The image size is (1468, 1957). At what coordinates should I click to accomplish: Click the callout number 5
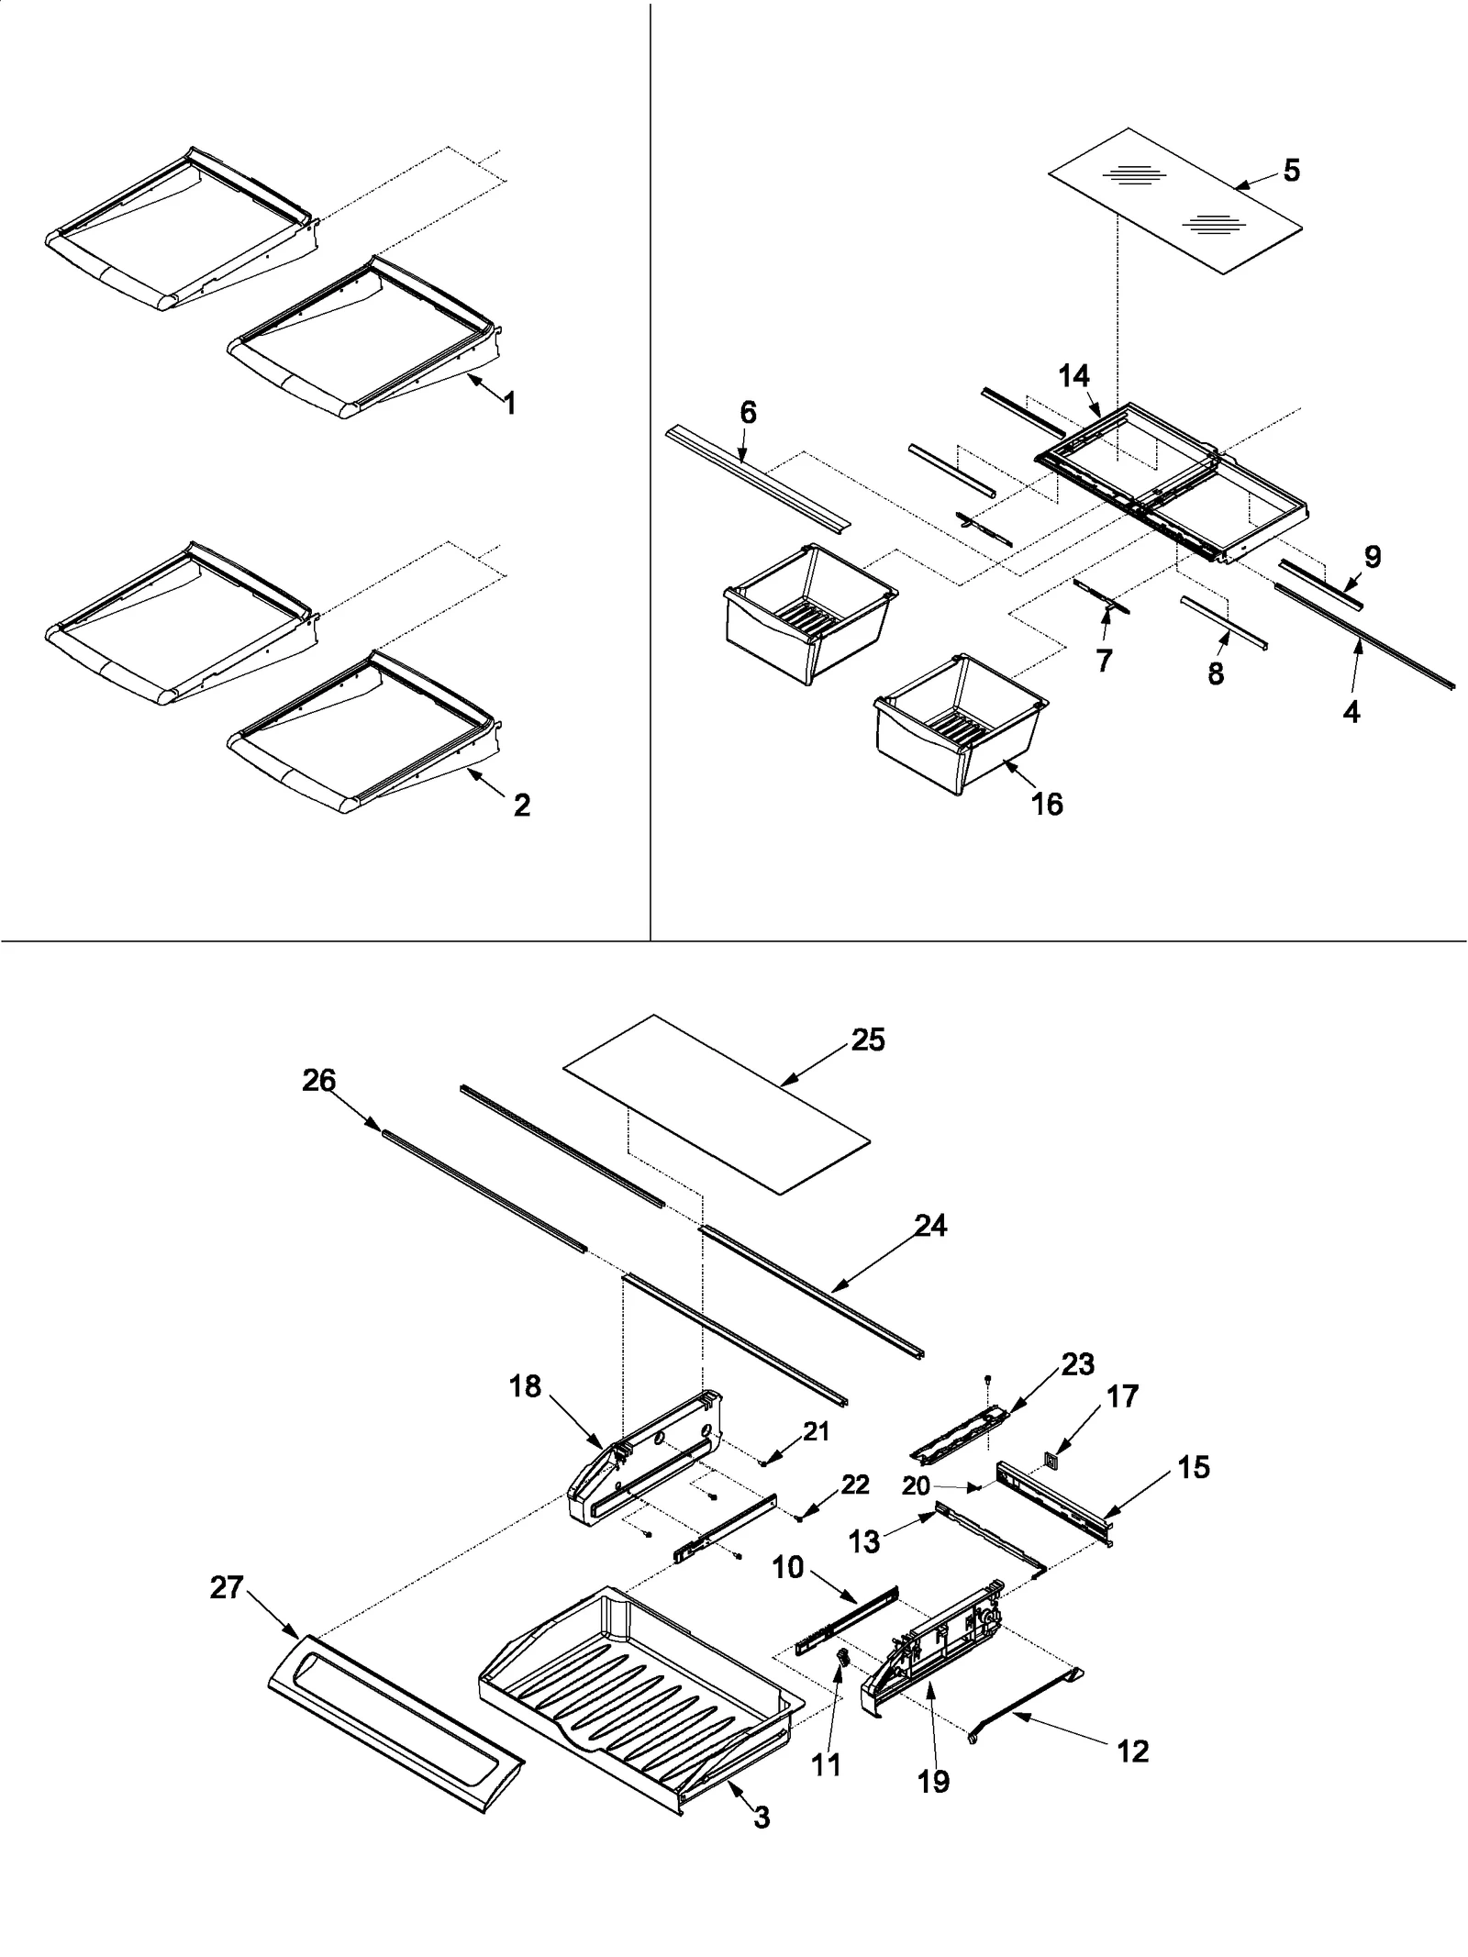coord(1291,171)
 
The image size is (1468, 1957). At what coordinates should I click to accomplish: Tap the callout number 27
coord(226,1587)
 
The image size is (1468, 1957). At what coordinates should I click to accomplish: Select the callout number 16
coord(1047,804)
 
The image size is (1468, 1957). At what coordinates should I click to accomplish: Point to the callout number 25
coord(867,1040)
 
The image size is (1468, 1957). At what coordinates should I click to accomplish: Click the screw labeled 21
coord(762,1464)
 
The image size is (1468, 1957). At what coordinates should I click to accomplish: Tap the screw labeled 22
coord(799,1519)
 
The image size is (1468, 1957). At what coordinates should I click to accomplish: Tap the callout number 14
coord(1073,376)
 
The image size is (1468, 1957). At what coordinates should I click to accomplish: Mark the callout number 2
coord(520,806)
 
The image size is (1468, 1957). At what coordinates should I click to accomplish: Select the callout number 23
coord(1077,1390)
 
